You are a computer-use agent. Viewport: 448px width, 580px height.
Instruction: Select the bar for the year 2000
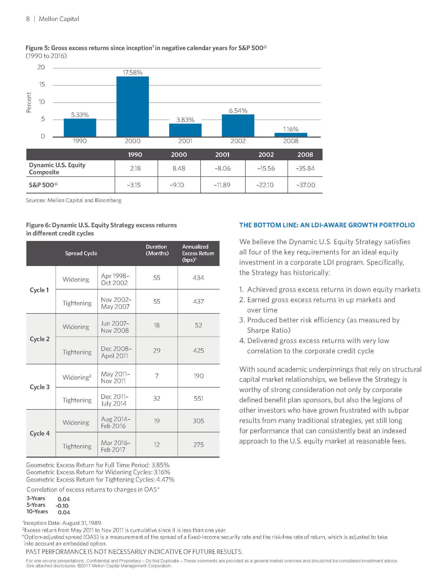click(133, 106)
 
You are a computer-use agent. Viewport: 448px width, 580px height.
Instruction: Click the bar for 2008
click(291, 135)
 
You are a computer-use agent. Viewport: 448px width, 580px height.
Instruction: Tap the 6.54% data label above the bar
click(238, 111)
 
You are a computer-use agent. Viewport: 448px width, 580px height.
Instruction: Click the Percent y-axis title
click(29, 102)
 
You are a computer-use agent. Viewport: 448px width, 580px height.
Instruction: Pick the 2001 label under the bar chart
click(185, 141)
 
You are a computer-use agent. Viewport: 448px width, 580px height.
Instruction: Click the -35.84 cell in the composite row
click(305, 168)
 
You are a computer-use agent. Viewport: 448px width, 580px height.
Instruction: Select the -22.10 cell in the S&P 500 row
click(266, 185)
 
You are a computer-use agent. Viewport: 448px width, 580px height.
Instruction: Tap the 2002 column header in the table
click(266, 154)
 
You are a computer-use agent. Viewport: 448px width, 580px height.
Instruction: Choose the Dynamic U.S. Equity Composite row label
click(57, 168)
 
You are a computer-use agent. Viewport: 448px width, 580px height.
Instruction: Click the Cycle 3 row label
click(40, 387)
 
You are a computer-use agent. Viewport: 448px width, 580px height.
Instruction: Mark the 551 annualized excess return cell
click(198, 398)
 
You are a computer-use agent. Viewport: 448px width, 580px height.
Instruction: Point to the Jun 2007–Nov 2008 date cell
click(115, 327)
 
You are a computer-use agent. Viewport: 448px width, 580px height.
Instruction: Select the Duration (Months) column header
click(157, 250)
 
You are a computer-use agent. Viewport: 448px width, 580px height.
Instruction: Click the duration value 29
click(157, 351)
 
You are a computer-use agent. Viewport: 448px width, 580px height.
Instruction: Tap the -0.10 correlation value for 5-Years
click(62, 506)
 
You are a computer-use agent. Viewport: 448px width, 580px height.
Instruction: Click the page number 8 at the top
click(28, 19)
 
